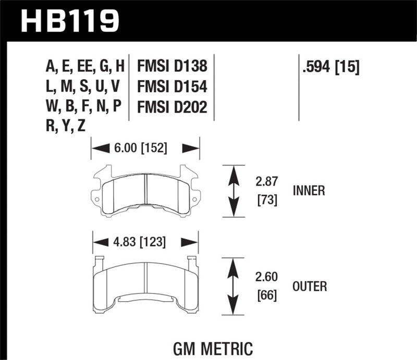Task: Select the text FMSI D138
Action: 172,67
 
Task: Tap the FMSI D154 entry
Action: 172,86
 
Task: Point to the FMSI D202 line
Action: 172,107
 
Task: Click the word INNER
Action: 309,191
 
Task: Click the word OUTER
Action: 310,286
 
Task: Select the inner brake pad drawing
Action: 146,191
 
